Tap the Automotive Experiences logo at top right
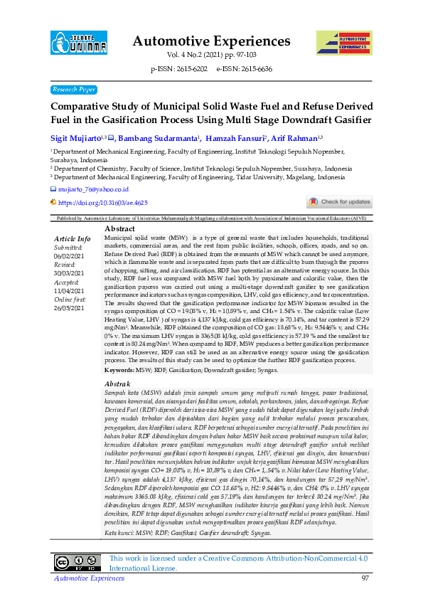click(344, 45)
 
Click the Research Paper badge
click(74, 90)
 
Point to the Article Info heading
click(73, 238)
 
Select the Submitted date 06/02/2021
click(70, 256)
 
